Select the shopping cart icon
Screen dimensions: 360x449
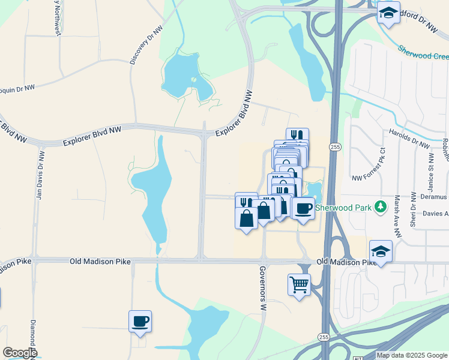pyautogui.click(x=299, y=283)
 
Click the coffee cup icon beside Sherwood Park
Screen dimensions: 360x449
pyautogui.click(x=304, y=208)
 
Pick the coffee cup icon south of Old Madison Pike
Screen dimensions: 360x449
pyautogui.click(x=140, y=321)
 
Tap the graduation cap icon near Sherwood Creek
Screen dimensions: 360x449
pyautogui.click(x=388, y=13)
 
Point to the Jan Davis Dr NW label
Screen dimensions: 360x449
pyautogui.click(x=40, y=174)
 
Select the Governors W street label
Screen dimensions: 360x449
pyautogui.click(x=262, y=289)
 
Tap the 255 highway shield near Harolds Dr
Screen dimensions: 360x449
pyautogui.click(x=335, y=146)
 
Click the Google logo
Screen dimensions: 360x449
pyautogui.click(x=19, y=353)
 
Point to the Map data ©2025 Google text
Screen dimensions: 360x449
pyautogui.click(x=411, y=355)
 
